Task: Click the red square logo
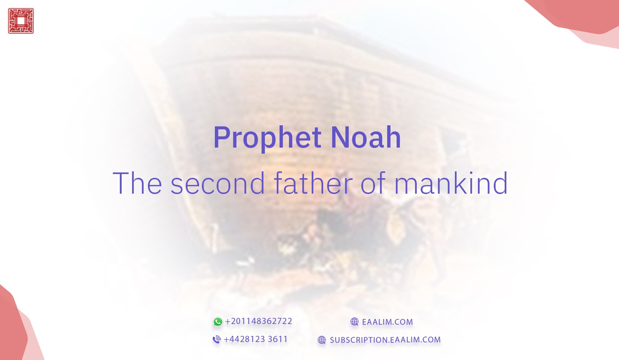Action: tap(21, 21)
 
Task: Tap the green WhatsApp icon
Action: tap(218, 322)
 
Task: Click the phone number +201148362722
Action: tap(258, 321)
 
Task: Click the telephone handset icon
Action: tap(217, 339)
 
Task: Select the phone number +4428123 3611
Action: tap(256, 339)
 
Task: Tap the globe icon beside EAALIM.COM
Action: tap(354, 322)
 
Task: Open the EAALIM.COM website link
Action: tap(387, 322)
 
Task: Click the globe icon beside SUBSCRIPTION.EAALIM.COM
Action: tap(322, 340)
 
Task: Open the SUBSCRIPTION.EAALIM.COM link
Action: tap(385, 340)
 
